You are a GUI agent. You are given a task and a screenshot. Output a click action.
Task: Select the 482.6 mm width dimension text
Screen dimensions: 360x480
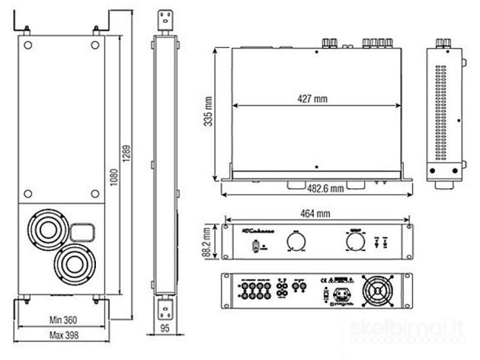pyautogui.click(x=325, y=189)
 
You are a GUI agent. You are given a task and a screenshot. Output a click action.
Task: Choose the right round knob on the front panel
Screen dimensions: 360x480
pyautogui.click(x=349, y=241)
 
